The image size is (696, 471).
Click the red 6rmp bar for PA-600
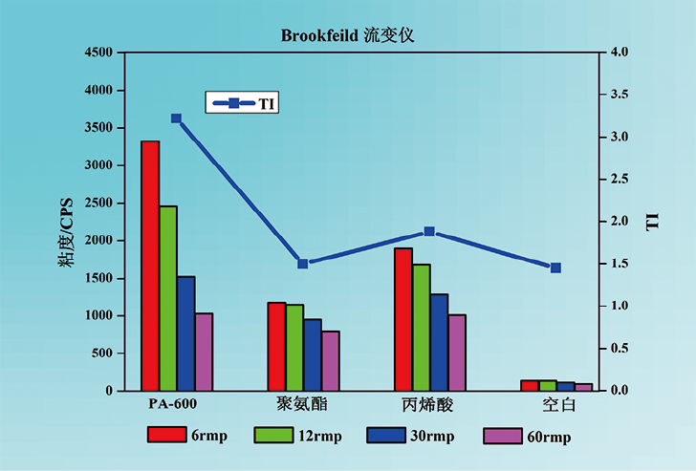[150, 266]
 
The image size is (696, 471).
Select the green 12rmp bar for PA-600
[168, 298]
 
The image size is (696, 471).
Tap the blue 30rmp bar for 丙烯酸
[439, 342]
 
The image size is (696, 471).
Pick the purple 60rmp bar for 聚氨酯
[331, 361]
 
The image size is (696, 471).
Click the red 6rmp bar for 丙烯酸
[402, 319]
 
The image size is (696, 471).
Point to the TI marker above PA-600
[176, 118]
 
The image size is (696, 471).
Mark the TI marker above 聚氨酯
[303, 264]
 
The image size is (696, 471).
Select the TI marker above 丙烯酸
[429, 232]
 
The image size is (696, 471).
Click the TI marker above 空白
[555, 268]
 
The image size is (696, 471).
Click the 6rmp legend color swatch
[165, 435]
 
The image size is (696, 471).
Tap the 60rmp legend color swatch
[502, 436]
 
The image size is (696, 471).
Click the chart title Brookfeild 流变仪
[347, 35]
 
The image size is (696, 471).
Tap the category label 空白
[558, 404]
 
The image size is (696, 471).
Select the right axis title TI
[654, 222]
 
